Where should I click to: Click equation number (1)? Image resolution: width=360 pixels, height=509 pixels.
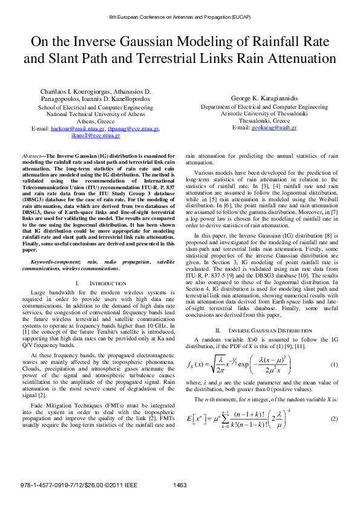pos(333,365)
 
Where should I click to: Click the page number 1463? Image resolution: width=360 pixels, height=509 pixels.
pos(180,501)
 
